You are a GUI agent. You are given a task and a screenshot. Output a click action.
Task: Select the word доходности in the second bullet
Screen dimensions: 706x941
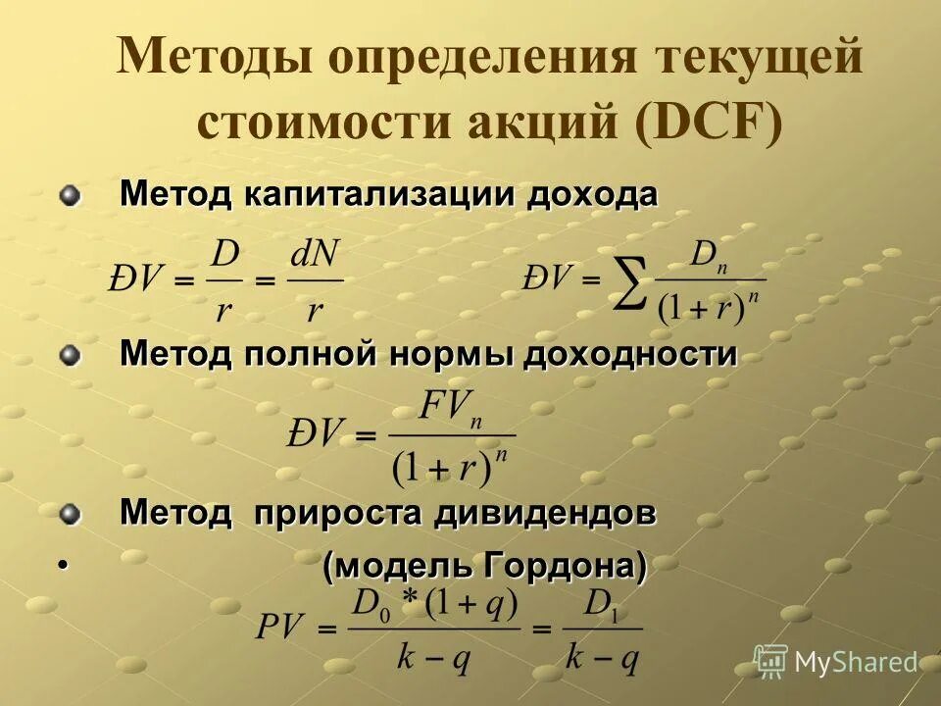click(x=629, y=354)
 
